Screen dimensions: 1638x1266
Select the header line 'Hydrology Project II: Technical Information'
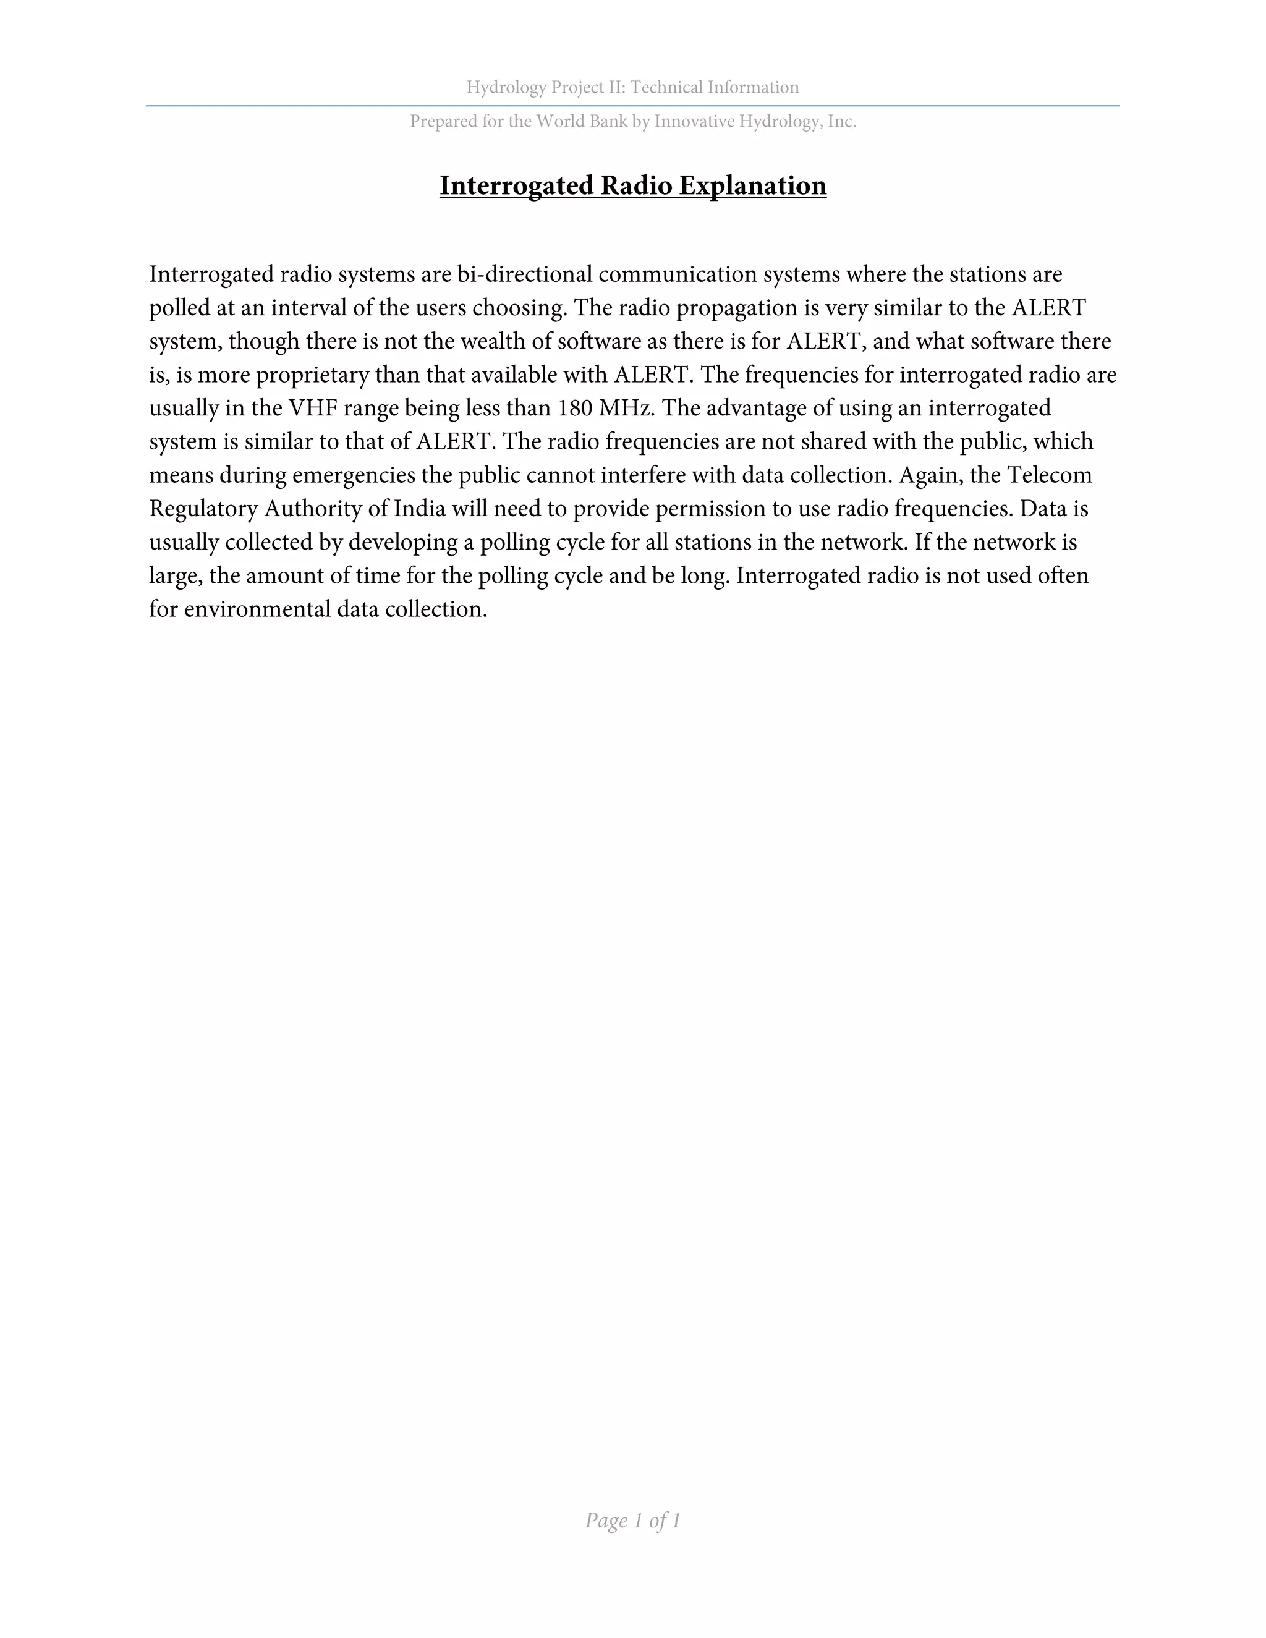coord(632,88)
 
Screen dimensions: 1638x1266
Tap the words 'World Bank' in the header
coord(581,122)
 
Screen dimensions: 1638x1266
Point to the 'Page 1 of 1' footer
coord(632,1521)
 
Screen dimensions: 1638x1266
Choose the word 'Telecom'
coord(1048,475)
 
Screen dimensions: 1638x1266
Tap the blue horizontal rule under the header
coord(632,106)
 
